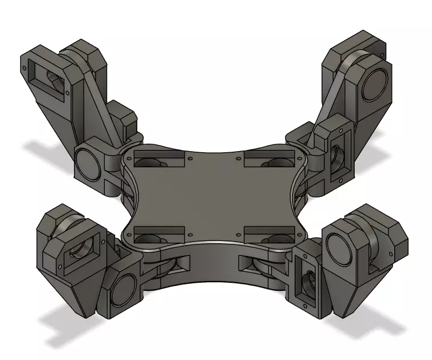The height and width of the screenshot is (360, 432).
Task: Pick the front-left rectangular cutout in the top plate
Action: click(151, 236)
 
